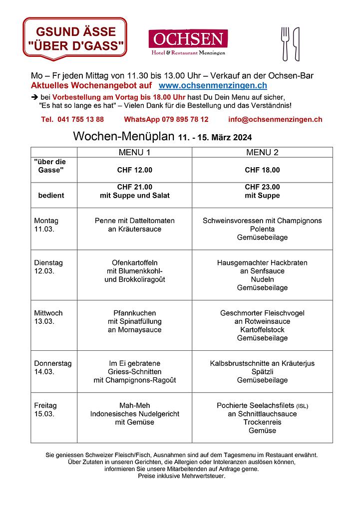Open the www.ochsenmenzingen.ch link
[x=208, y=86]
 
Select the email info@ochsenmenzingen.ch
[x=275, y=119]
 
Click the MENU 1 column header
[x=134, y=152]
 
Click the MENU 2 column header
[x=262, y=152]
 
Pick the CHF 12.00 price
[x=134, y=170]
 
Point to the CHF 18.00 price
[x=262, y=170]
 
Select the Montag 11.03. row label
[x=46, y=225]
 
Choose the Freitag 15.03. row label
[x=45, y=409]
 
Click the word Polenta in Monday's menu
[x=262, y=229]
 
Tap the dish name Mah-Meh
[x=134, y=405]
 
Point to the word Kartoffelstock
[x=262, y=330]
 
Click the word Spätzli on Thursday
[x=262, y=372]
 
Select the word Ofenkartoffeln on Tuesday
[x=134, y=262]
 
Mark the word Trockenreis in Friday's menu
[x=262, y=422]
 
